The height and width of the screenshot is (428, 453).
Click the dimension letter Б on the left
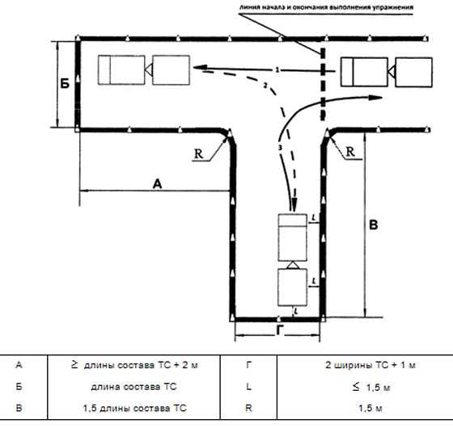click(65, 84)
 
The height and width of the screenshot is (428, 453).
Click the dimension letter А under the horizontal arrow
click(157, 184)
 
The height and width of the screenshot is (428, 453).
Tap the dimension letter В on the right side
click(374, 224)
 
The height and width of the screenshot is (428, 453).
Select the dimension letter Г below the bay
click(279, 330)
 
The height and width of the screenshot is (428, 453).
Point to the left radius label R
click(198, 153)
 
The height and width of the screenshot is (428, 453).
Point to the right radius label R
click(350, 152)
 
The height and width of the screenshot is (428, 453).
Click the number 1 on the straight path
click(277, 69)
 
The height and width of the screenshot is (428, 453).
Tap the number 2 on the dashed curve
click(265, 85)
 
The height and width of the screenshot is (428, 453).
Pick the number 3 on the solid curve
click(280, 148)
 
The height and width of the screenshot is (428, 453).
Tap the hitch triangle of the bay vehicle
click(293, 265)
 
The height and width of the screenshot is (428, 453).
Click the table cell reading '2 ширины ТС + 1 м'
click(370, 365)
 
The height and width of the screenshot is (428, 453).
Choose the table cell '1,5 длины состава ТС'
click(134, 408)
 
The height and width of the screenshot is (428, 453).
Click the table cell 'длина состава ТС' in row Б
click(133, 387)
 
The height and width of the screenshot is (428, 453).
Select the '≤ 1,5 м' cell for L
click(371, 387)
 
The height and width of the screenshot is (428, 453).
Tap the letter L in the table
click(249, 387)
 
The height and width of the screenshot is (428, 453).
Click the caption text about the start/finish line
click(326, 7)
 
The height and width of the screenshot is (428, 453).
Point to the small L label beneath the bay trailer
click(296, 311)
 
